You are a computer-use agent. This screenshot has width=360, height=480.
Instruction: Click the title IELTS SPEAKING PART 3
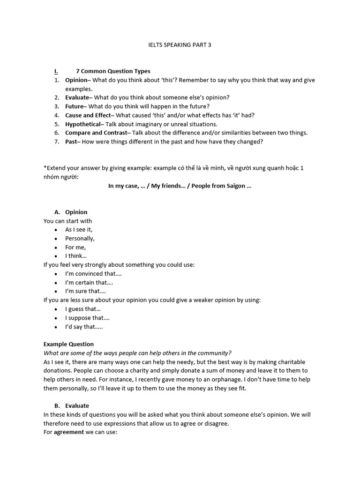(x=180, y=45)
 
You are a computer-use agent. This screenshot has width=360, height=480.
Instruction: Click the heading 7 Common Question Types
(x=113, y=71)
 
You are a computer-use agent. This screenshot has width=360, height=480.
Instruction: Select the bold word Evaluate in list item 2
(x=76, y=97)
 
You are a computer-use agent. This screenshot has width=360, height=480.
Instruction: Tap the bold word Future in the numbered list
(x=74, y=106)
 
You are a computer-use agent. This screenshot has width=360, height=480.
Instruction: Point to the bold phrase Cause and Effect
(x=88, y=115)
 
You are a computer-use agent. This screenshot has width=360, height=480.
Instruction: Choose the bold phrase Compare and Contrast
(x=96, y=133)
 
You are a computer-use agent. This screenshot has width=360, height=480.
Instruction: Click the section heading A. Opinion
(x=71, y=212)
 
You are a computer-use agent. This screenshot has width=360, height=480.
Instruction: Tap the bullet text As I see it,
(x=79, y=230)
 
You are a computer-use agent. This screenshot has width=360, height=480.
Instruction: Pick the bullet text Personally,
(x=80, y=239)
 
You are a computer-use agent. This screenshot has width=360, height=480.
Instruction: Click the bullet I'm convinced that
(x=93, y=274)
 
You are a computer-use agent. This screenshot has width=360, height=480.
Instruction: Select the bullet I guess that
(x=83, y=309)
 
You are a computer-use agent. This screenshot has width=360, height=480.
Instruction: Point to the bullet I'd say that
(x=84, y=327)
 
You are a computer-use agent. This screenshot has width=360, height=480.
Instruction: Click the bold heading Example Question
(x=68, y=344)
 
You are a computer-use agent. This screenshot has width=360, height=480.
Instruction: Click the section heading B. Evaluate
(x=71, y=406)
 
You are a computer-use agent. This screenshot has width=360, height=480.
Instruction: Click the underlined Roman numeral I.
(x=56, y=71)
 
